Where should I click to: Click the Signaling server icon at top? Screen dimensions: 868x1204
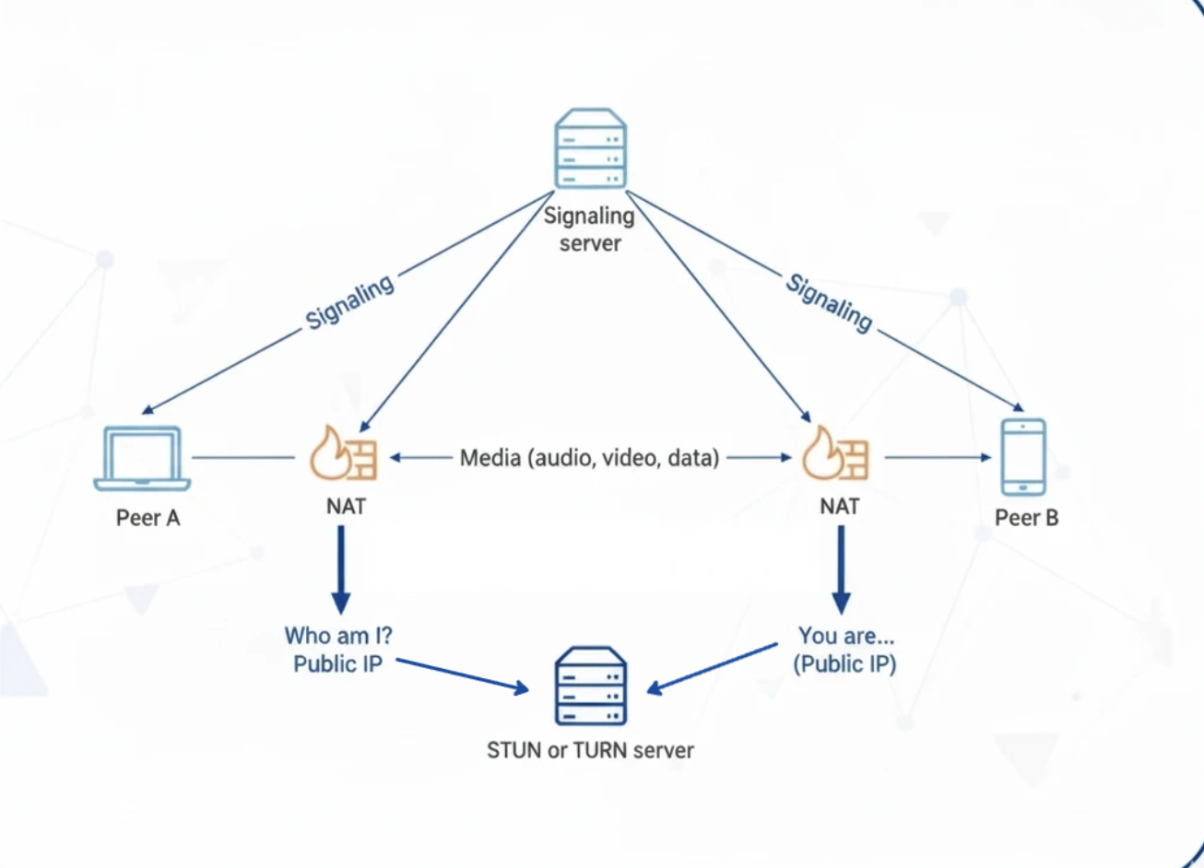tap(590, 148)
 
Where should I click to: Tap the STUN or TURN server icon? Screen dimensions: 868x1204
tap(590, 686)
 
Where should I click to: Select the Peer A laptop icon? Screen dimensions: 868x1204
tap(143, 458)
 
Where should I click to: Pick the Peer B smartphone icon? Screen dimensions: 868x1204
tap(1023, 457)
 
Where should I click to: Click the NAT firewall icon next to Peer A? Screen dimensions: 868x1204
tap(343, 453)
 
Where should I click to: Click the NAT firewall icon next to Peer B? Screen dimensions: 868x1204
tap(835, 453)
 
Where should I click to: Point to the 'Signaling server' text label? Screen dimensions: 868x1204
tap(589, 229)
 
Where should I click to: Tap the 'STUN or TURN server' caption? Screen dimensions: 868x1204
tap(590, 750)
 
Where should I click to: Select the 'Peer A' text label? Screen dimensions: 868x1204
tap(148, 518)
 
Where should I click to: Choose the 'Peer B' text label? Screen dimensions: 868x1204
tap(1026, 518)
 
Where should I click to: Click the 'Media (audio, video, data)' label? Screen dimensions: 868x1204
tap(589, 458)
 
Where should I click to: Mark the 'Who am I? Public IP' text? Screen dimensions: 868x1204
tap(337, 650)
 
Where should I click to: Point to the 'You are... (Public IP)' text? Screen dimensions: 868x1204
tap(845, 650)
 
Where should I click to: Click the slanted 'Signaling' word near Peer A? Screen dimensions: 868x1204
tap(350, 301)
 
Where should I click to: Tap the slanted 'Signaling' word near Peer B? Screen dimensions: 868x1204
tap(829, 302)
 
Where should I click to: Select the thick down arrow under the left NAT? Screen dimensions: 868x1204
tap(341, 569)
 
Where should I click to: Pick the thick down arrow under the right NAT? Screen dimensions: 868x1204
tap(841, 569)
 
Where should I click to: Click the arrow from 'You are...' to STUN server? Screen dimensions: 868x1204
tap(713, 668)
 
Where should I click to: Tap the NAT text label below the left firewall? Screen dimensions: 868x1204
tap(346, 506)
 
